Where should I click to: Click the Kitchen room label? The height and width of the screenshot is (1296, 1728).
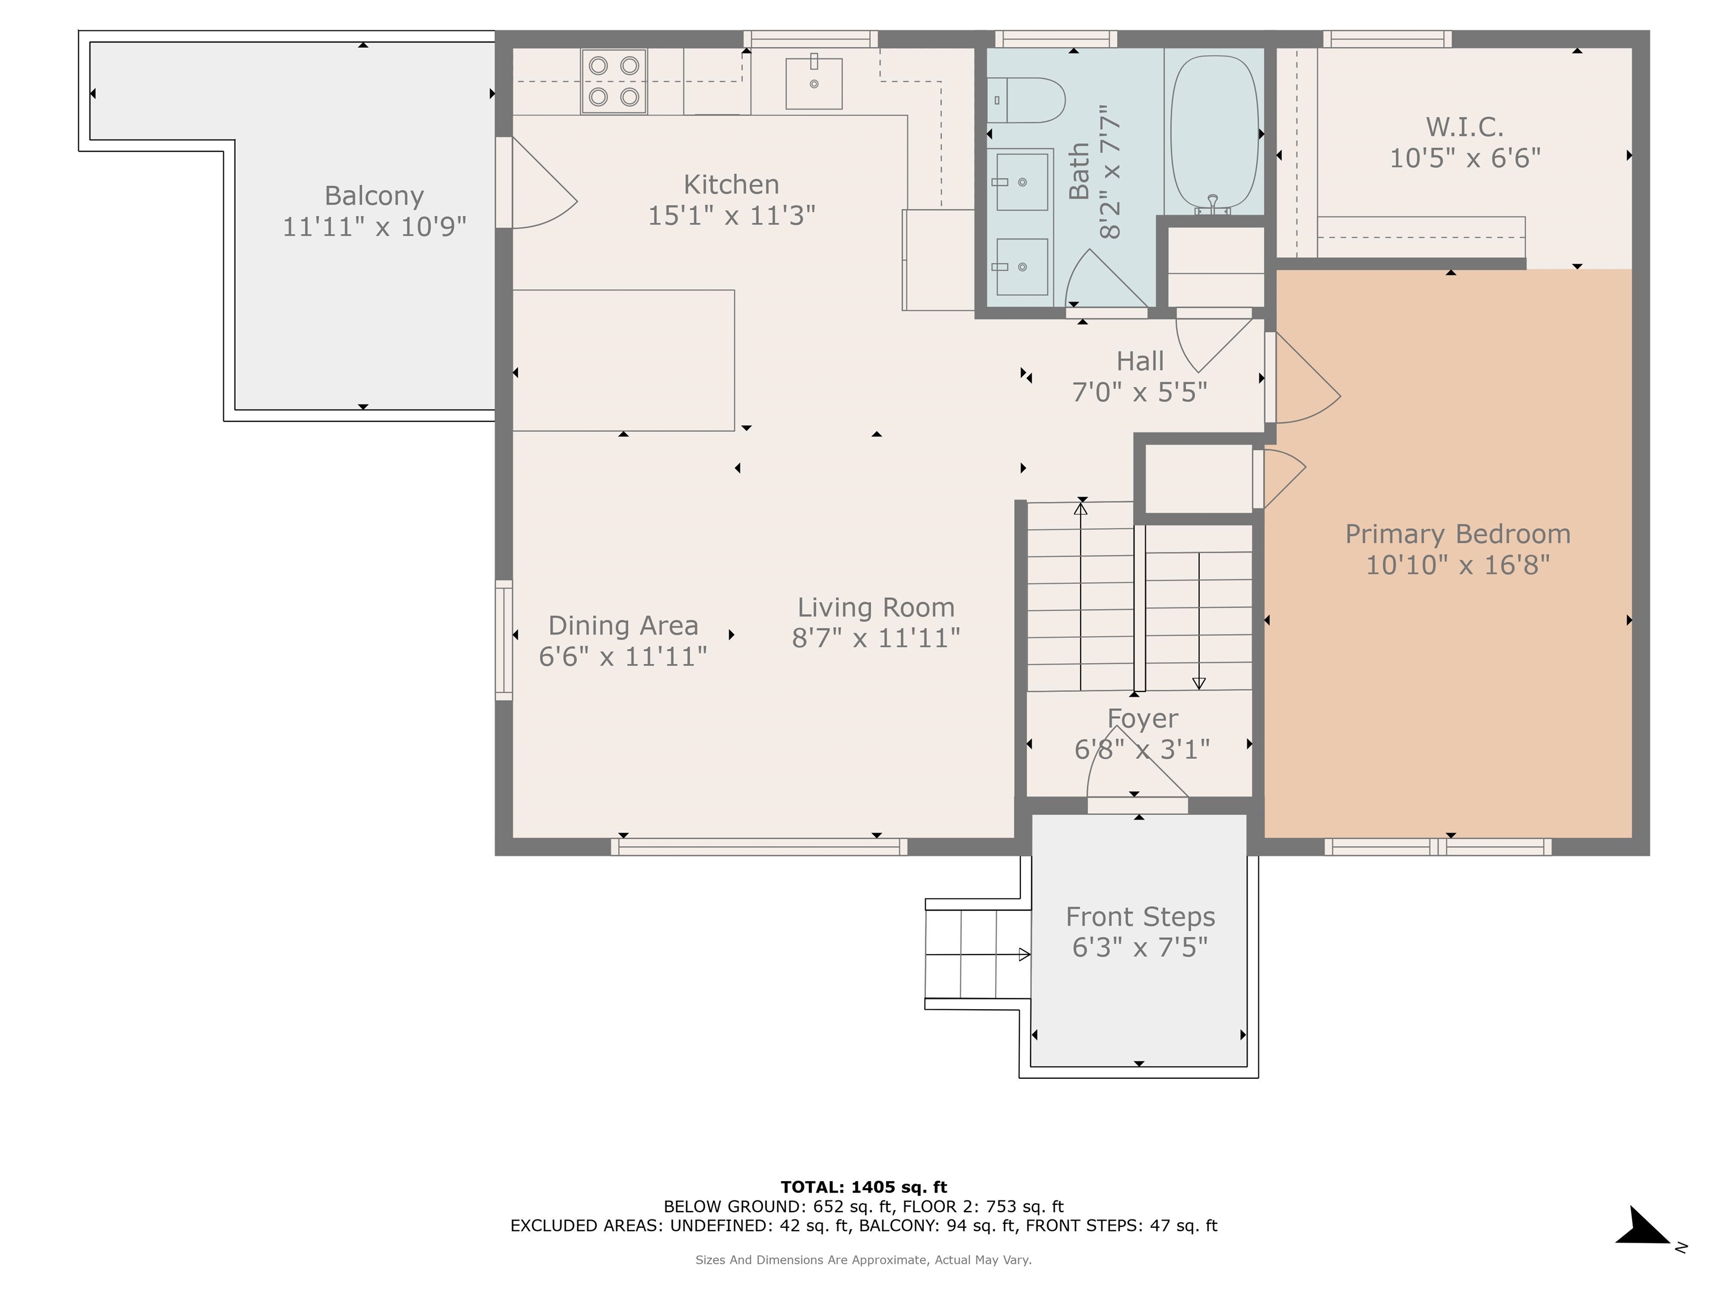point(731,184)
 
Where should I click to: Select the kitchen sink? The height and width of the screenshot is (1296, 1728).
point(813,83)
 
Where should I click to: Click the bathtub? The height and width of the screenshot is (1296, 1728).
point(1214,133)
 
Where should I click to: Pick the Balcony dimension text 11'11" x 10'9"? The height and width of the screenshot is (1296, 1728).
point(374,227)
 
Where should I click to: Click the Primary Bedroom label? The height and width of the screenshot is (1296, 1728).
point(1457,534)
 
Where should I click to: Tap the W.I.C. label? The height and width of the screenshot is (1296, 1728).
point(1465,127)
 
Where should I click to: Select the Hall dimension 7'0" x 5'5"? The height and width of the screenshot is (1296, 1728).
point(1140,391)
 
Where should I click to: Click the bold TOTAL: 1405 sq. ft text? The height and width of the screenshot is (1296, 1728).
point(864,1187)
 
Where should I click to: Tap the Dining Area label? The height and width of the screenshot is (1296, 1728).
point(623,625)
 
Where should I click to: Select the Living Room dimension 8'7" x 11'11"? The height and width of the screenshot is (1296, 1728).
point(876,638)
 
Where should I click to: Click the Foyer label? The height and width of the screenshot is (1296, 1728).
point(1142,718)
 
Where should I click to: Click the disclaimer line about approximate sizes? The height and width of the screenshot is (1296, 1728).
point(863,1260)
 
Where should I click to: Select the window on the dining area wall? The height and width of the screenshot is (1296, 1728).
point(504,640)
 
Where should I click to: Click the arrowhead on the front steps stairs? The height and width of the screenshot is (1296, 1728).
point(1024,954)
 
